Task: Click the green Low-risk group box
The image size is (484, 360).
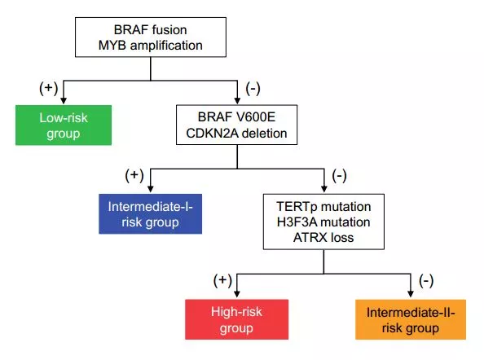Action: pyautogui.click(x=64, y=125)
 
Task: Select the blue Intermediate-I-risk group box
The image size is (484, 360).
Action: pyautogui.click(x=150, y=213)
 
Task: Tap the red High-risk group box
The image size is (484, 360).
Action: pyautogui.click(x=237, y=319)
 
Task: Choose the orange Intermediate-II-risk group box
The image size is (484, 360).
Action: pyautogui.click(x=411, y=319)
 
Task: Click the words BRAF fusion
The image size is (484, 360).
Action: pyautogui.click(x=150, y=30)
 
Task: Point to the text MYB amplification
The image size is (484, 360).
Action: pyautogui.click(x=150, y=46)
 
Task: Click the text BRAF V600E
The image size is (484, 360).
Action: pyautogui.click(x=236, y=117)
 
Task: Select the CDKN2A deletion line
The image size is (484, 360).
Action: pyautogui.click(x=236, y=134)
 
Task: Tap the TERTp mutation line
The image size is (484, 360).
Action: pyautogui.click(x=323, y=207)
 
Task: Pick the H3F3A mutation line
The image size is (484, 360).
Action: pyautogui.click(x=323, y=222)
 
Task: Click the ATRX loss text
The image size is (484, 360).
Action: pyautogui.click(x=323, y=238)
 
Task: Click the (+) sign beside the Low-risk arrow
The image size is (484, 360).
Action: pyautogui.click(x=48, y=88)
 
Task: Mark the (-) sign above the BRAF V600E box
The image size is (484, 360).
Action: pyautogui.click(x=253, y=89)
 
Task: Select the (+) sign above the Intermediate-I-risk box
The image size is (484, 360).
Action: pyautogui.click(x=134, y=176)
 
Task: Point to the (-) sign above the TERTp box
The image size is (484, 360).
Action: pyautogui.click(x=339, y=176)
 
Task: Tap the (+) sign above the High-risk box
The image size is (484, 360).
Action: pyautogui.click(x=222, y=281)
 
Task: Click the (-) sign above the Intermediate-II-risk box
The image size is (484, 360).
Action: pyautogui.click(x=426, y=281)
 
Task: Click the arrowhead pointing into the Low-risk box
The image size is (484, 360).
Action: pyautogui.click(x=64, y=100)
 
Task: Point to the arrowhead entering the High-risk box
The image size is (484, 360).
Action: pyautogui.click(x=237, y=293)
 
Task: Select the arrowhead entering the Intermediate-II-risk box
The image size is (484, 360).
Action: pyautogui.click(x=411, y=293)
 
